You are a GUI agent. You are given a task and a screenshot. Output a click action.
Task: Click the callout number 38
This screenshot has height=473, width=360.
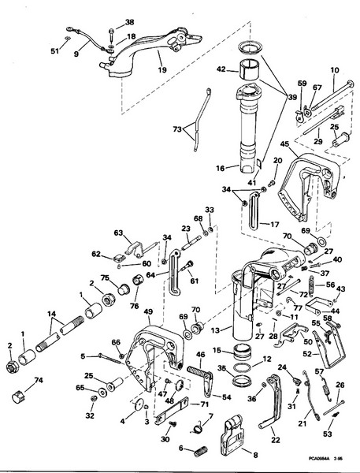(x=129, y=22)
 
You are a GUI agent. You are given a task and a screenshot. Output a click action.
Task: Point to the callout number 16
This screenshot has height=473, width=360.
(x=221, y=167)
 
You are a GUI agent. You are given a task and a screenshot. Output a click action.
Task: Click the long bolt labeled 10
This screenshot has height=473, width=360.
(x=323, y=99)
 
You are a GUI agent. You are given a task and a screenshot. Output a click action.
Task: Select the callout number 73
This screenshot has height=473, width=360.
(x=177, y=128)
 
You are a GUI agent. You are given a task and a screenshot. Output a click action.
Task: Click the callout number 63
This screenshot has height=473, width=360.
(x=119, y=233)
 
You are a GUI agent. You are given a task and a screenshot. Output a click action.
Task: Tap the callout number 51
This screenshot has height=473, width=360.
(x=54, y=52)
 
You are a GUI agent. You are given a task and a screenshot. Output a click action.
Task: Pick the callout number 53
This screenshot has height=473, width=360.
(x=328, y=434)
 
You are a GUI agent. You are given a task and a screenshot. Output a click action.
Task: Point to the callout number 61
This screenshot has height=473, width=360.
(x=195, y=281)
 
